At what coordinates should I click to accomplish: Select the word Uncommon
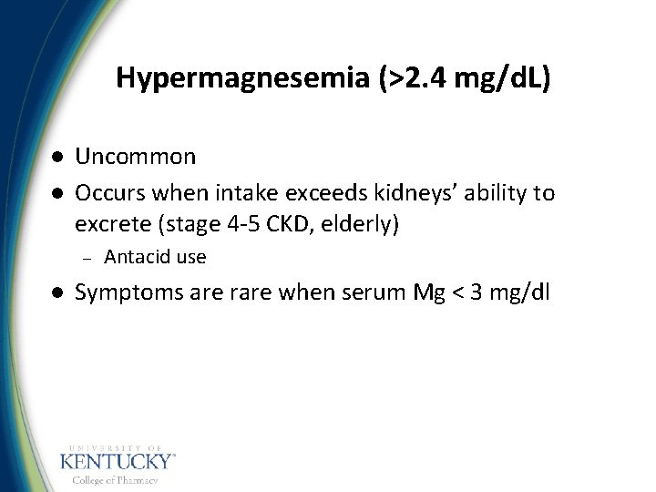click(135, 157)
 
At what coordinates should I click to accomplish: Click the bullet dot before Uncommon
click(56, 157)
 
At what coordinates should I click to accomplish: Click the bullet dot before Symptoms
click(56, 292)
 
